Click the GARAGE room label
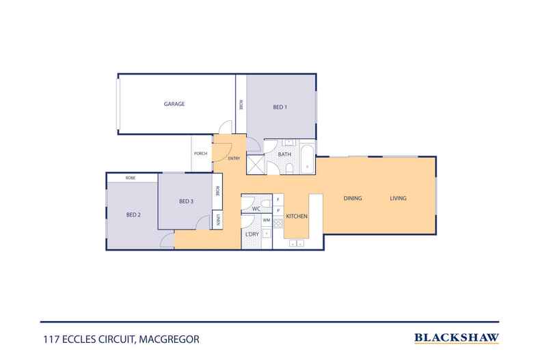pyautogui.click(x=174, y=104)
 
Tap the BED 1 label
pyautogui.click(x=280, y=107)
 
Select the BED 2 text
pyautogui.click(x=133, y=215)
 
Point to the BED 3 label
pyautogui.click(x=187, y=201)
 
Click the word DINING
pyautogui.click(x=352, y=199)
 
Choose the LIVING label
pyautogui.click(x=398, y=199)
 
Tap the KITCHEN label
pyautogui.click(x=297, y=217)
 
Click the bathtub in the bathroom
pyautogui.click(x=305, y=156)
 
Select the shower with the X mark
pyautogui.click(x=255, y=165)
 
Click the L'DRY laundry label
pyautogui.click(x=252, y=235)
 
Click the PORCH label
pyautogui.click(x=201, y=154)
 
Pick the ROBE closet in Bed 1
pyautogui.click(x=241, y=105)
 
